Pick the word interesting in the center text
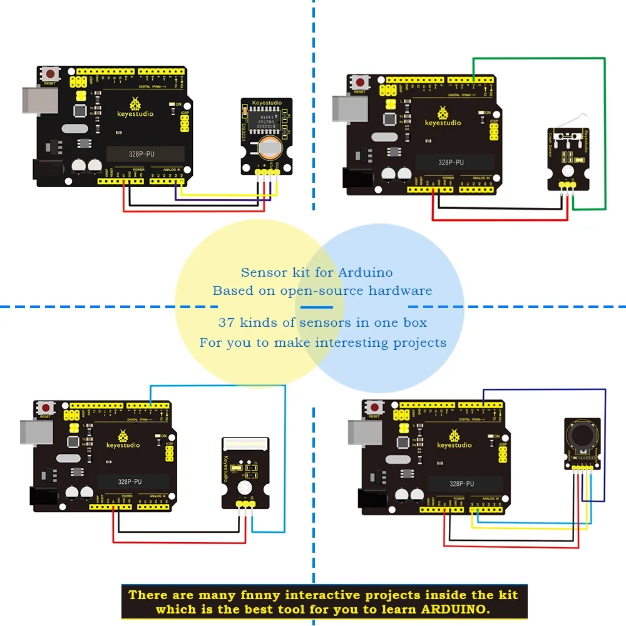tap(353, 342)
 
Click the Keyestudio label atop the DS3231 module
tap(267, 103)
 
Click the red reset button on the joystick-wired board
tap(375, 408)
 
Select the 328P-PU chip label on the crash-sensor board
tap(451, 162)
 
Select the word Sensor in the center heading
tap(262, 272)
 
